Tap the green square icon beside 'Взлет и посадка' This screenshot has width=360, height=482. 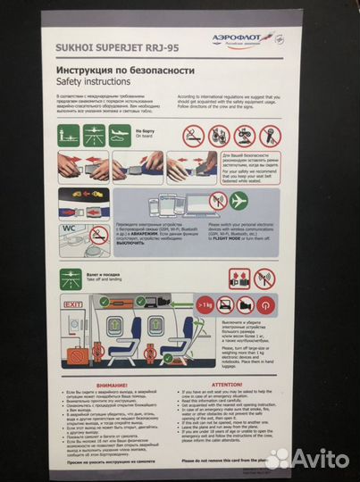point(71,277)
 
